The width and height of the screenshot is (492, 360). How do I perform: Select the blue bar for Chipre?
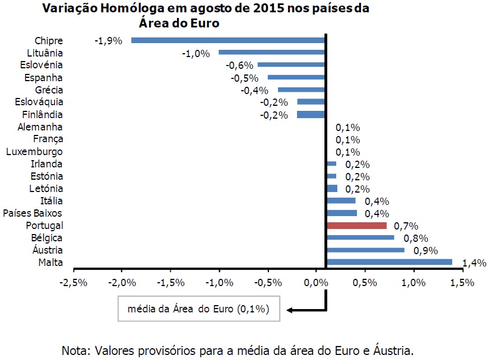pos(228,40)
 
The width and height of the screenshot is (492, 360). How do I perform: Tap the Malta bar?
pos(389,262)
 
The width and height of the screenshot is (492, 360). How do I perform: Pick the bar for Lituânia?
pos(271,53)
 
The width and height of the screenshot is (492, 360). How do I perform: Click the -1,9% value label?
pos(108,41)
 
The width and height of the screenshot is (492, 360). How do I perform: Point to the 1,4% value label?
pos(474,263)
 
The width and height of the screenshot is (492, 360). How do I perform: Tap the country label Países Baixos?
pos(33,213)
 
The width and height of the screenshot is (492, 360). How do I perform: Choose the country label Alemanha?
pos(40,127)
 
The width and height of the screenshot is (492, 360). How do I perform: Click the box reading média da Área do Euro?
pos(199,309)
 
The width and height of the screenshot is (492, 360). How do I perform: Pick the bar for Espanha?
pos(296,77)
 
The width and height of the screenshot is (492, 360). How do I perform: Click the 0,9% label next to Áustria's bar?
pos(425,250)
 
